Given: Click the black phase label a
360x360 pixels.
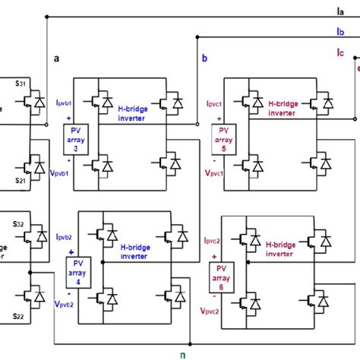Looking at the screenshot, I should tap(56, 58).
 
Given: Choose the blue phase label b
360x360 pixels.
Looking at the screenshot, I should tap(204, 58).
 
